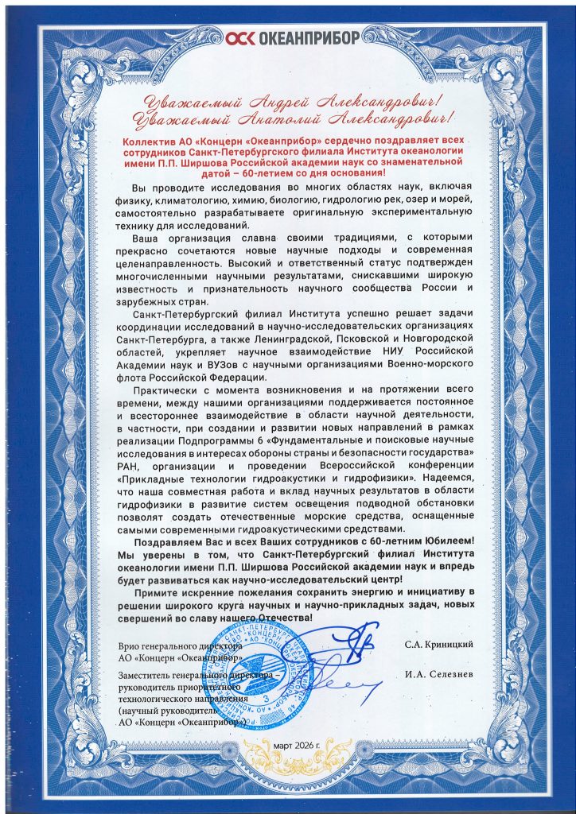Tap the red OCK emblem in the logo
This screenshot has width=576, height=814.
(x=243, y=37)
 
